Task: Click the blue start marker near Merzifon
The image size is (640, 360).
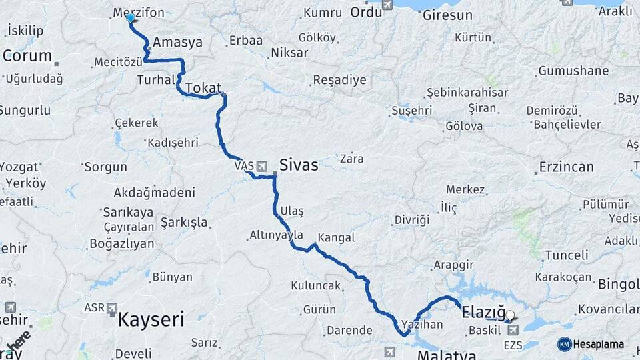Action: [x=131, y=19]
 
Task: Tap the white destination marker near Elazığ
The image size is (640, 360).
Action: [x=510, y=315]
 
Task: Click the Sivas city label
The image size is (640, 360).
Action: [x=299, y=165]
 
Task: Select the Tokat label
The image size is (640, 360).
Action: [x=203, y=87]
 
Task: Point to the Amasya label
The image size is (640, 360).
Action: [x=177, y=43]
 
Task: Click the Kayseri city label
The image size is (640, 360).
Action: [x=151, y=320]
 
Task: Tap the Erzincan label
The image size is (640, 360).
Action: [x=566, y=167]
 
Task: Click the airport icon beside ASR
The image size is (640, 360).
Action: [x=111, y=309]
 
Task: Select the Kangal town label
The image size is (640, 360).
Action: [x=336, y=237]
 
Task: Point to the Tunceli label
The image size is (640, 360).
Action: [x=567, y=255]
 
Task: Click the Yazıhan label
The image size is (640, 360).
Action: [x=422, y=325]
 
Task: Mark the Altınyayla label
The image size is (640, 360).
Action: [x=276, y=235]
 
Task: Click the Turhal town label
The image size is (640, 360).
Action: [x=155, y=79]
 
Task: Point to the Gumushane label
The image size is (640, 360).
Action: [x=573, y=71]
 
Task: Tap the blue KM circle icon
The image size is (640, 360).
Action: [x=564, y=344]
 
